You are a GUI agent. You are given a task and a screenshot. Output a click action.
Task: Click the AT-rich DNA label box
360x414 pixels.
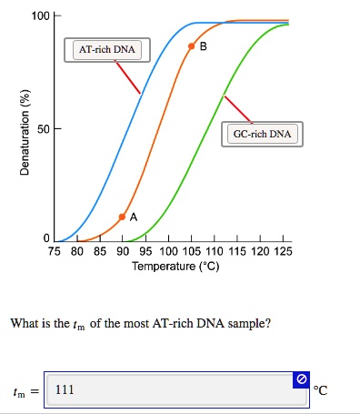point(106,49)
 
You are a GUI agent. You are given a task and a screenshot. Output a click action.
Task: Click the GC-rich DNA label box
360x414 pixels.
point(262,134)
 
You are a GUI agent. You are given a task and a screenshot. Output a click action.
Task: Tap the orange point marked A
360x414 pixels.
point(123,217)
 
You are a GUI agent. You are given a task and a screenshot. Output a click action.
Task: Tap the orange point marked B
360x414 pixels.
point(191,45)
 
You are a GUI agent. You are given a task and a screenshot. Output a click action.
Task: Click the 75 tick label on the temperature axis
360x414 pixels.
point(55,251)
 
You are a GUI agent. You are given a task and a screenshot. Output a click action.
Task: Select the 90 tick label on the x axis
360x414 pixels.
point(123,251)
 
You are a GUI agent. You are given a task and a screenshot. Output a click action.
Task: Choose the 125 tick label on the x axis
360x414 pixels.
point(283,251)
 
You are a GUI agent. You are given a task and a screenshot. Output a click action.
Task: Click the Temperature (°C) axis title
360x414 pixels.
point(175,267)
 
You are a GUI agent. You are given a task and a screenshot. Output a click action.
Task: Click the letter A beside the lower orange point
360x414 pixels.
point(134,217)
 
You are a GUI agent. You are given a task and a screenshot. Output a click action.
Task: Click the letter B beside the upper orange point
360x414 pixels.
point(203,45)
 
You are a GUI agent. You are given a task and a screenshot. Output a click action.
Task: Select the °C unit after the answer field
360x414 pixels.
point(319,391)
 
